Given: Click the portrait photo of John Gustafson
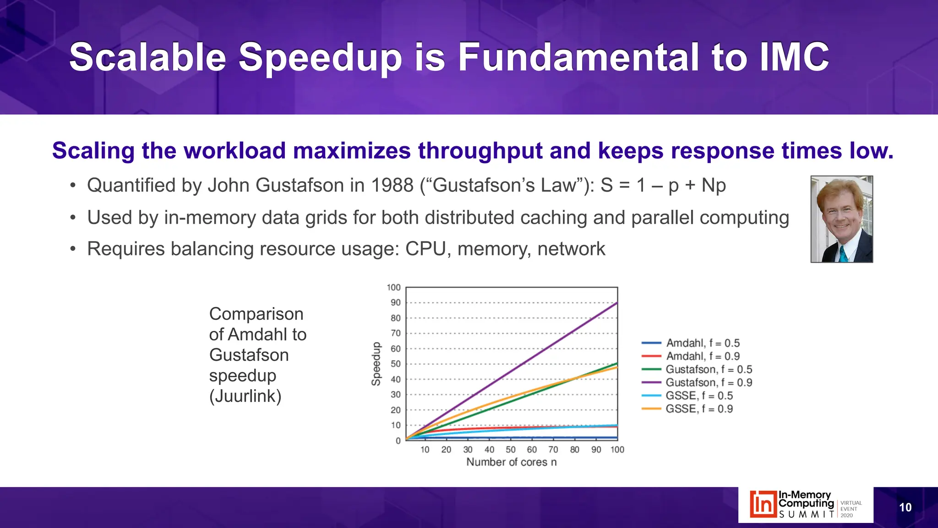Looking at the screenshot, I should (x=841, y=219).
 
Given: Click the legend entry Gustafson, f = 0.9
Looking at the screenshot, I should (x=709, y=382).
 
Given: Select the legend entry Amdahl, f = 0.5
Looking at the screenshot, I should (x=703, y=343).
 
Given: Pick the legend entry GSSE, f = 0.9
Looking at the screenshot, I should (x=699, y=408).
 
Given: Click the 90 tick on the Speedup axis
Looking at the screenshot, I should (x=395, y=302).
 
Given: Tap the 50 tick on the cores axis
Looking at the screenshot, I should (x=510, y=450).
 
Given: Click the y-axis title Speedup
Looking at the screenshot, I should (x=376, y=364).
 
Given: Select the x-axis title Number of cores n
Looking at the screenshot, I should (x=511, y=462).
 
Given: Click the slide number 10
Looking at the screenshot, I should (x=905, y=507).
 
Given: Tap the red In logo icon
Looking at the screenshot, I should (x=763, y=504).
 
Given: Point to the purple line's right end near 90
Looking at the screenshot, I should (x=616, y=303).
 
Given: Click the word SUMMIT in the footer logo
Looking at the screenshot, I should (x=807, y=515).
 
